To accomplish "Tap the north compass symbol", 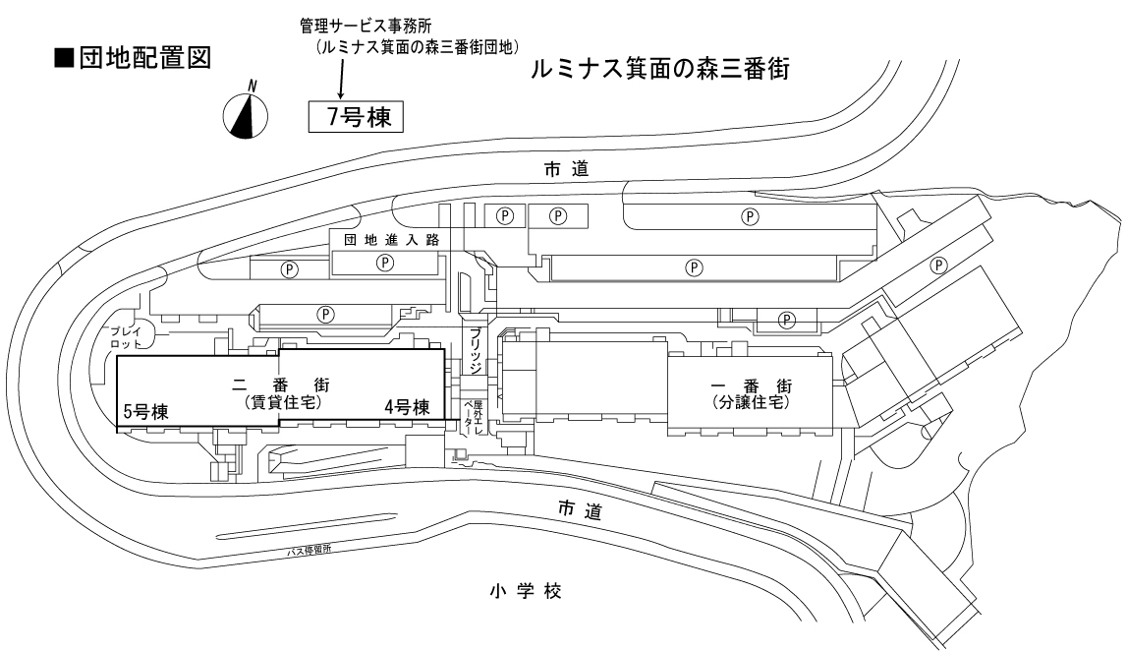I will click(249, 112).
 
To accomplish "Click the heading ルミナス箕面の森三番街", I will click(660, 70).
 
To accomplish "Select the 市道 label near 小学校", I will click(578, 510).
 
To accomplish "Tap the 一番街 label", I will click(751, 386).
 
